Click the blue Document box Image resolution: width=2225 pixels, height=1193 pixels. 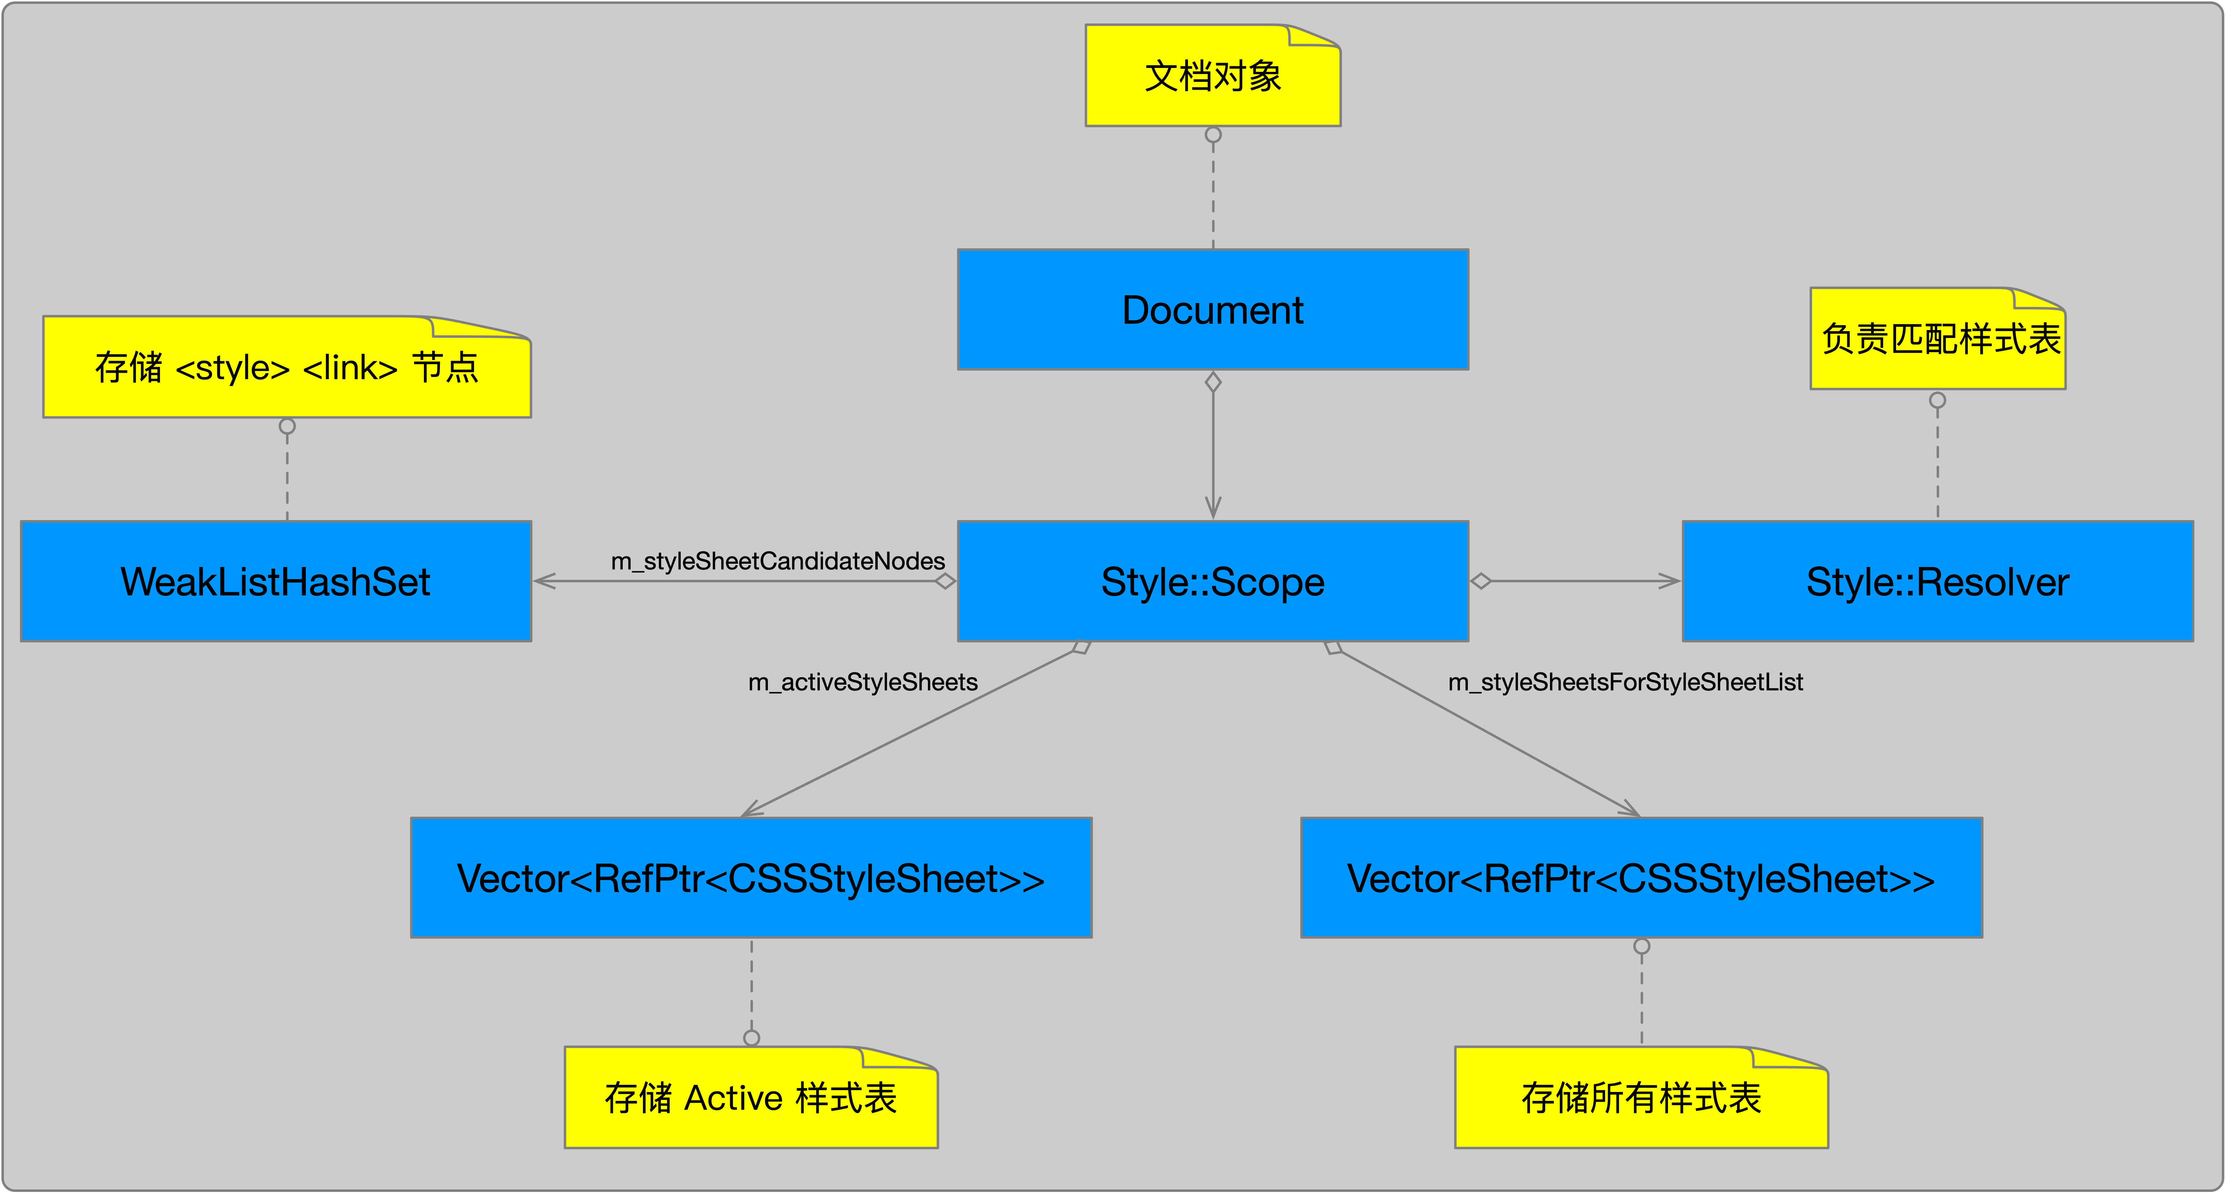click(1213, 309)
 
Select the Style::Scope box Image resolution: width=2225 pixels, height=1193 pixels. click(1213, 581)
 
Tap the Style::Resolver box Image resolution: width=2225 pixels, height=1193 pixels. click(1937, 581)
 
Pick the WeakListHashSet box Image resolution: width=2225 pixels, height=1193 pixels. click(276, 581)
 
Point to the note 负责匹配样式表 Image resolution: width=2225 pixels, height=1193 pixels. click(1937, 339)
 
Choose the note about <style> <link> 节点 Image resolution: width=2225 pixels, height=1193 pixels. click(287, 367)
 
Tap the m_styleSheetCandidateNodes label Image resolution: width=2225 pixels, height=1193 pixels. click(777, 562)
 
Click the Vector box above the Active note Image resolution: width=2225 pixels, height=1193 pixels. click(750, 878)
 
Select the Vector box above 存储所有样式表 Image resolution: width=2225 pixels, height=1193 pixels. click(1641, 878)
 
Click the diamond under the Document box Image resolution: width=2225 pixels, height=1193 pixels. click(1213, 382)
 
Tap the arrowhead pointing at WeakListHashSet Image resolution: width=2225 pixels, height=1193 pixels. click(544, 581)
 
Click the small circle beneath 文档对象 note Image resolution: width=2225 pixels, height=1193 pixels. click(1213, 135)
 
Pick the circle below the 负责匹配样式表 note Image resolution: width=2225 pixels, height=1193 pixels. click(1937, 400)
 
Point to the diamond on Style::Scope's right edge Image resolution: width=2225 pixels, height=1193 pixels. click(1481, 581)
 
